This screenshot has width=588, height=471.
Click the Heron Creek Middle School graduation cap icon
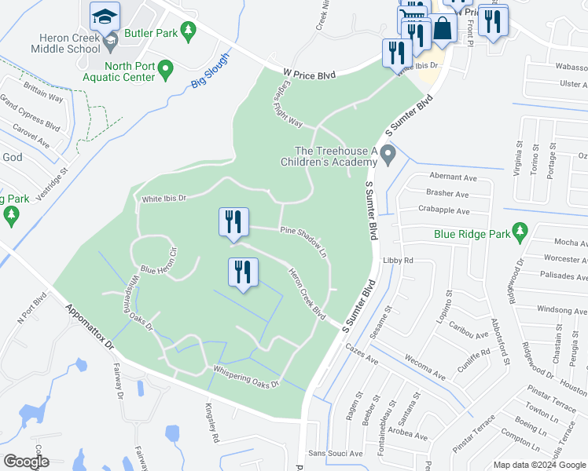[105, 16]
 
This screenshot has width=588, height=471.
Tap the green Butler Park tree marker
[188, 31]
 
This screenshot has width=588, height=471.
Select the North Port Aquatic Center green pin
[165, 71]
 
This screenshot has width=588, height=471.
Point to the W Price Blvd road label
[309, 75]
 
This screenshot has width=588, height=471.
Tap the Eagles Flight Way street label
[287, 108]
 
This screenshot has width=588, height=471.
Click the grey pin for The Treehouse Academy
[388, 158]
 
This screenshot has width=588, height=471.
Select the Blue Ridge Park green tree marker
[519, 232]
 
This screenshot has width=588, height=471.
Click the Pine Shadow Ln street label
[303, 241]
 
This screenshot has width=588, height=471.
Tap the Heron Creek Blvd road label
[307, 294]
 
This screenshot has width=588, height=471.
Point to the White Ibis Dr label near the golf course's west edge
[164, 199]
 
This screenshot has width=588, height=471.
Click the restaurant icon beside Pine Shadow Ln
[233, 222]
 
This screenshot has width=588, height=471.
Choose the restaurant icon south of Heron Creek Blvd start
[243, 272]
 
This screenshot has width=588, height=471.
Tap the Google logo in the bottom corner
[26, 462]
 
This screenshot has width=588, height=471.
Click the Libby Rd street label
[398, 260]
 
